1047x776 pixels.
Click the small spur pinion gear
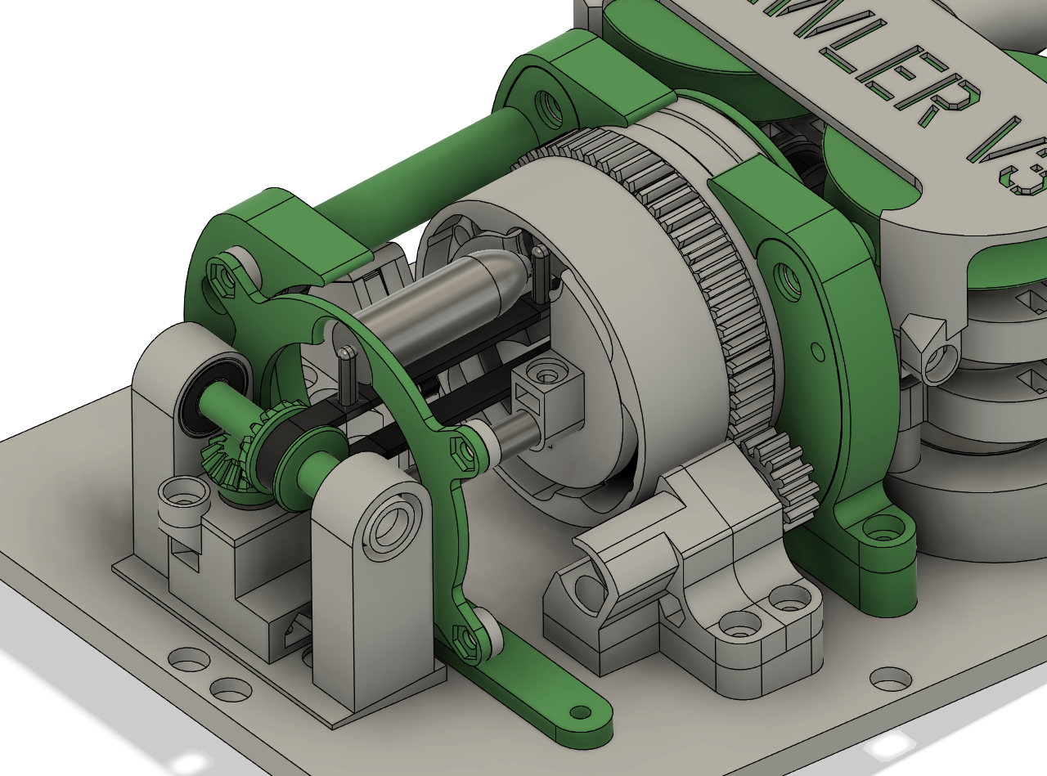pos(785,474)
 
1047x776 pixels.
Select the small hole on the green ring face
pos(818,352)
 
